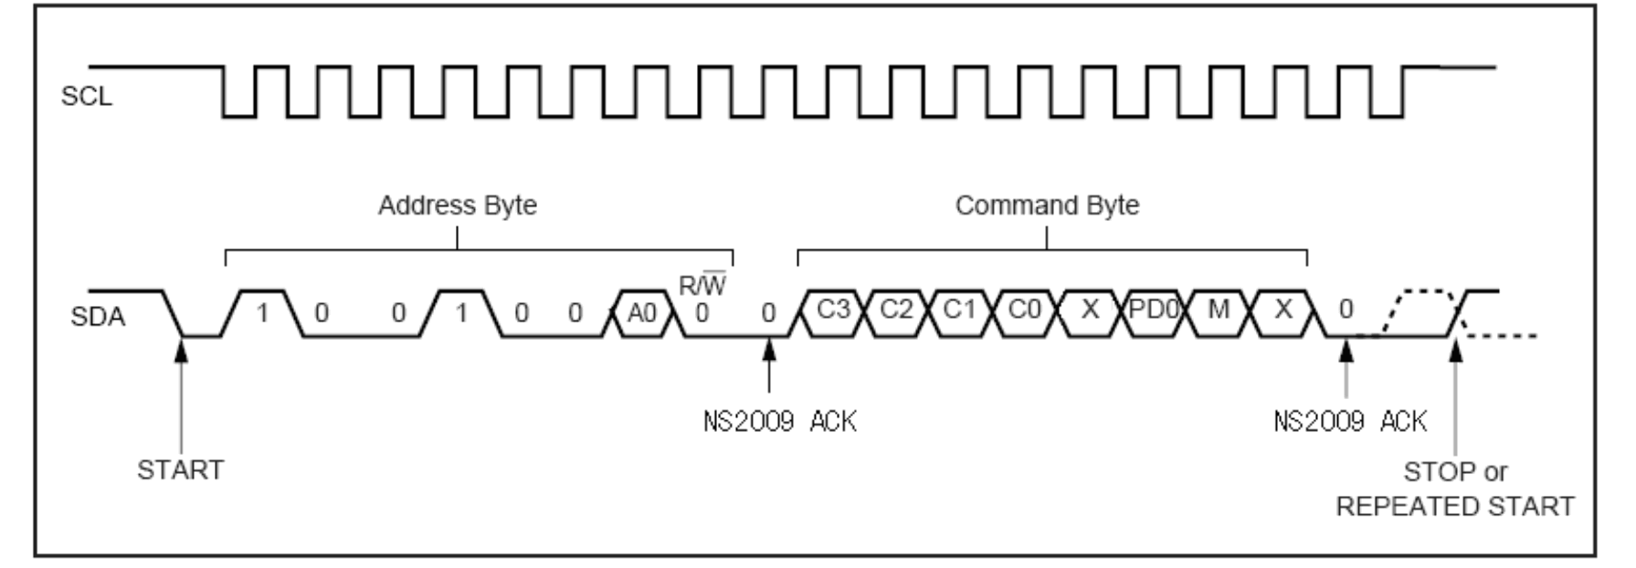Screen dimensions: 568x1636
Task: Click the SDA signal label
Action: click(97, 317)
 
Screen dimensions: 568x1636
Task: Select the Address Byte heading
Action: click(457, 205)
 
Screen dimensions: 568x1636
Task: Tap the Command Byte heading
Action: click(1047, 205)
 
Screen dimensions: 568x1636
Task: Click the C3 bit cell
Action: click(832, 310)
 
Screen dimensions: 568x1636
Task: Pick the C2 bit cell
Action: click(896, 310)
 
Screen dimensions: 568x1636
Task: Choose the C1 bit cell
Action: click(960, 310)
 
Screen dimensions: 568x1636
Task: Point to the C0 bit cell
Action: click(1024, 310)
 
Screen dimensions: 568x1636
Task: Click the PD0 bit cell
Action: click(1154, 310)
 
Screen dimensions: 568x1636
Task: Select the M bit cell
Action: click(1219, 310)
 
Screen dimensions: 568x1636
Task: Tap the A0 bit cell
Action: click(641, 312)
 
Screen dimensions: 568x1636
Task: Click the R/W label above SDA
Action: click(702, 286)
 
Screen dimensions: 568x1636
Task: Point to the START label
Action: click(180, 469)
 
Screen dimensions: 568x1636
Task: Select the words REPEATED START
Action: click(1455, 506)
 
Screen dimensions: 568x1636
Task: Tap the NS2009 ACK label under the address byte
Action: click(779, 421)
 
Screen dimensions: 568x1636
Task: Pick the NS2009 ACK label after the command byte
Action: click(1350, 421)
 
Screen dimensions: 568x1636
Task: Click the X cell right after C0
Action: click(1089, 310)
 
